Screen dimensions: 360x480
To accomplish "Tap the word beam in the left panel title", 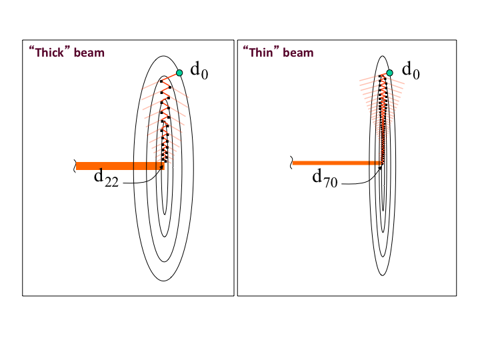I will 89,53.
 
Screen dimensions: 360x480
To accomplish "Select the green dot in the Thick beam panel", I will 179,73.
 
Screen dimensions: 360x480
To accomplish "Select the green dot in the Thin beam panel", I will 390,73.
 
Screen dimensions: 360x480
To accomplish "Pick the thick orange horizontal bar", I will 120,165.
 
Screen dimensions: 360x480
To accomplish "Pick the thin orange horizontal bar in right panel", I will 337,163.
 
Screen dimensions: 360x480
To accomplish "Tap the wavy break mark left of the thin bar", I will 291,162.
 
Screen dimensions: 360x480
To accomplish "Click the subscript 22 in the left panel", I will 111,181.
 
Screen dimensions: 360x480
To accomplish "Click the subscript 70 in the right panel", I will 331,182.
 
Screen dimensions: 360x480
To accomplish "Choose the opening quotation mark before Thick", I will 31,50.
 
